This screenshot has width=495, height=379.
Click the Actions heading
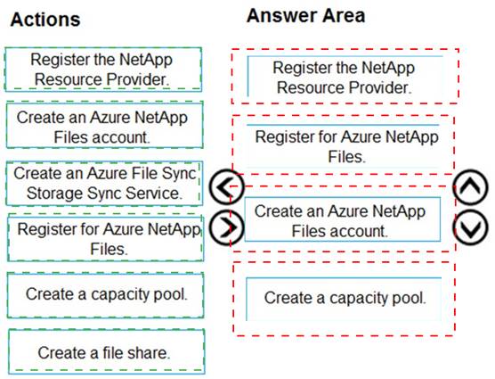pos(45,20)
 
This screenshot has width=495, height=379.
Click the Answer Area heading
pos(305,15)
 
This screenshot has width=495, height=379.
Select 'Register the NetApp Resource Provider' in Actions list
pos(103,70)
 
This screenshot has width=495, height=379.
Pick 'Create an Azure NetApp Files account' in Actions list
pos(104,125)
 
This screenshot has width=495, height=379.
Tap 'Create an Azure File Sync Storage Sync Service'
pos(104,184)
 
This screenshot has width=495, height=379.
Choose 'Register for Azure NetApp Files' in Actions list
pos(105,238)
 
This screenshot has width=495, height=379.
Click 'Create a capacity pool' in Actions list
pos(105,295)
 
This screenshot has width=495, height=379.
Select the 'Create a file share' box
pos(106,351)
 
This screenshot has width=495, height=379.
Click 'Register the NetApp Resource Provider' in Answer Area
pos(345,77)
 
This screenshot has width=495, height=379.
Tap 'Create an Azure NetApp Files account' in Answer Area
pos(343,219)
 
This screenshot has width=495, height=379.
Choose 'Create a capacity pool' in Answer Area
pos(344,299)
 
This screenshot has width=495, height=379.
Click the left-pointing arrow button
pos(227,186)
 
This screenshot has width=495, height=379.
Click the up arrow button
pos(470,186)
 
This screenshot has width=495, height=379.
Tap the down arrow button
pos(470,227)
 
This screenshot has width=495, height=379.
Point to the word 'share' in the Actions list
pos(149,352)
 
